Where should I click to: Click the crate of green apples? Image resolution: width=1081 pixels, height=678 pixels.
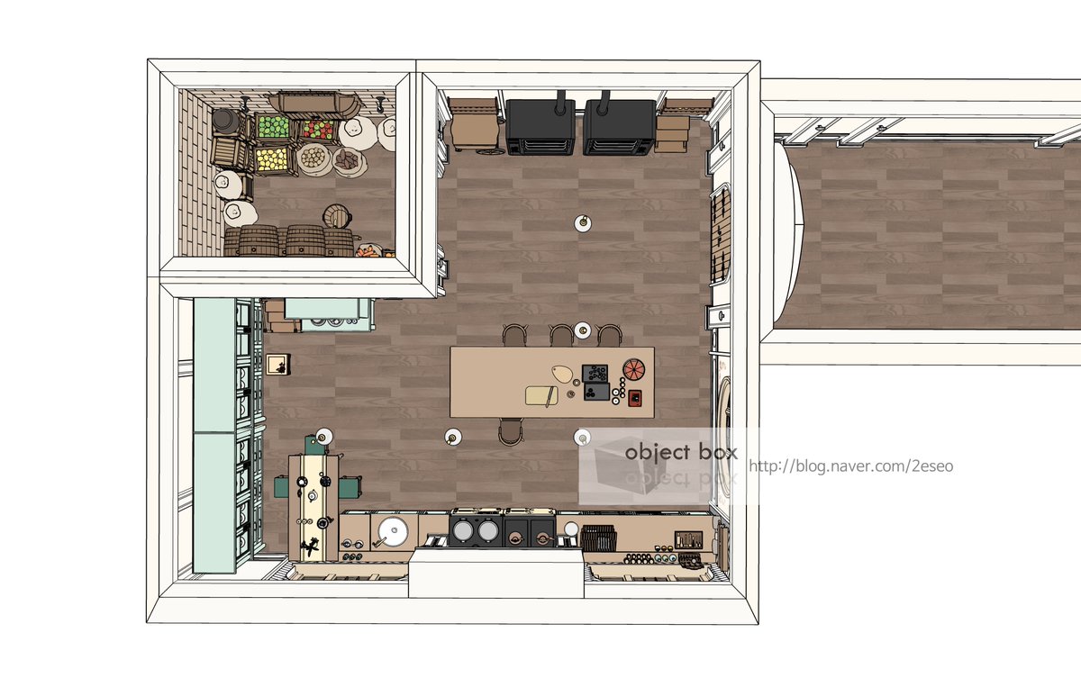(274, 127)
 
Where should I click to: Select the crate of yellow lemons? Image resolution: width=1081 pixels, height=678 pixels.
(272, 159)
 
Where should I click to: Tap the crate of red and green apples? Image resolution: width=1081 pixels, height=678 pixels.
(318, 130)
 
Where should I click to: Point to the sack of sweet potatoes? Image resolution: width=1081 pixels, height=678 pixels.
(348, 160)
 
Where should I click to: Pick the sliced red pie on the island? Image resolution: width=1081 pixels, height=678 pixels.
(633, 369)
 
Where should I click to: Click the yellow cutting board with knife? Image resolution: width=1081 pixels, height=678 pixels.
(541, 395)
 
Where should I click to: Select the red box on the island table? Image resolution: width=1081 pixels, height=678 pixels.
(635, 398)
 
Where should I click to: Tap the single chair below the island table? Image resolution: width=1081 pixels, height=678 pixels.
(511, 431)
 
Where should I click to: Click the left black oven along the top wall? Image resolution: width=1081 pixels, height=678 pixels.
(540, 127)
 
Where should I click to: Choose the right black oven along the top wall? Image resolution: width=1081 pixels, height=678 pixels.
(619, 127)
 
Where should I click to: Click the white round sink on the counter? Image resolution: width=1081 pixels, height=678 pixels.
(393, 531)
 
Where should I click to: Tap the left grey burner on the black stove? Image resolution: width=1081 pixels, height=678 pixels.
(463, 531)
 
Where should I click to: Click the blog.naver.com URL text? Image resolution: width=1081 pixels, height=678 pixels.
(850, 466)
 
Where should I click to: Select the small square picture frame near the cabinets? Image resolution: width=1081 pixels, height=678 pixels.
(277, 364)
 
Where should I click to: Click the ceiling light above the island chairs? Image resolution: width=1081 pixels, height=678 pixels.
(583, 330)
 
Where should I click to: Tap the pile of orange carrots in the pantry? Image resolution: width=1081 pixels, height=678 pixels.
(368, 251)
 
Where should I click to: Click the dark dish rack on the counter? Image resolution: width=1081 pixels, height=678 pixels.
(598, 538)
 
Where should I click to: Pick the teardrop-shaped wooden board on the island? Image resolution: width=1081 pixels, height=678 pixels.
(562, 374)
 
